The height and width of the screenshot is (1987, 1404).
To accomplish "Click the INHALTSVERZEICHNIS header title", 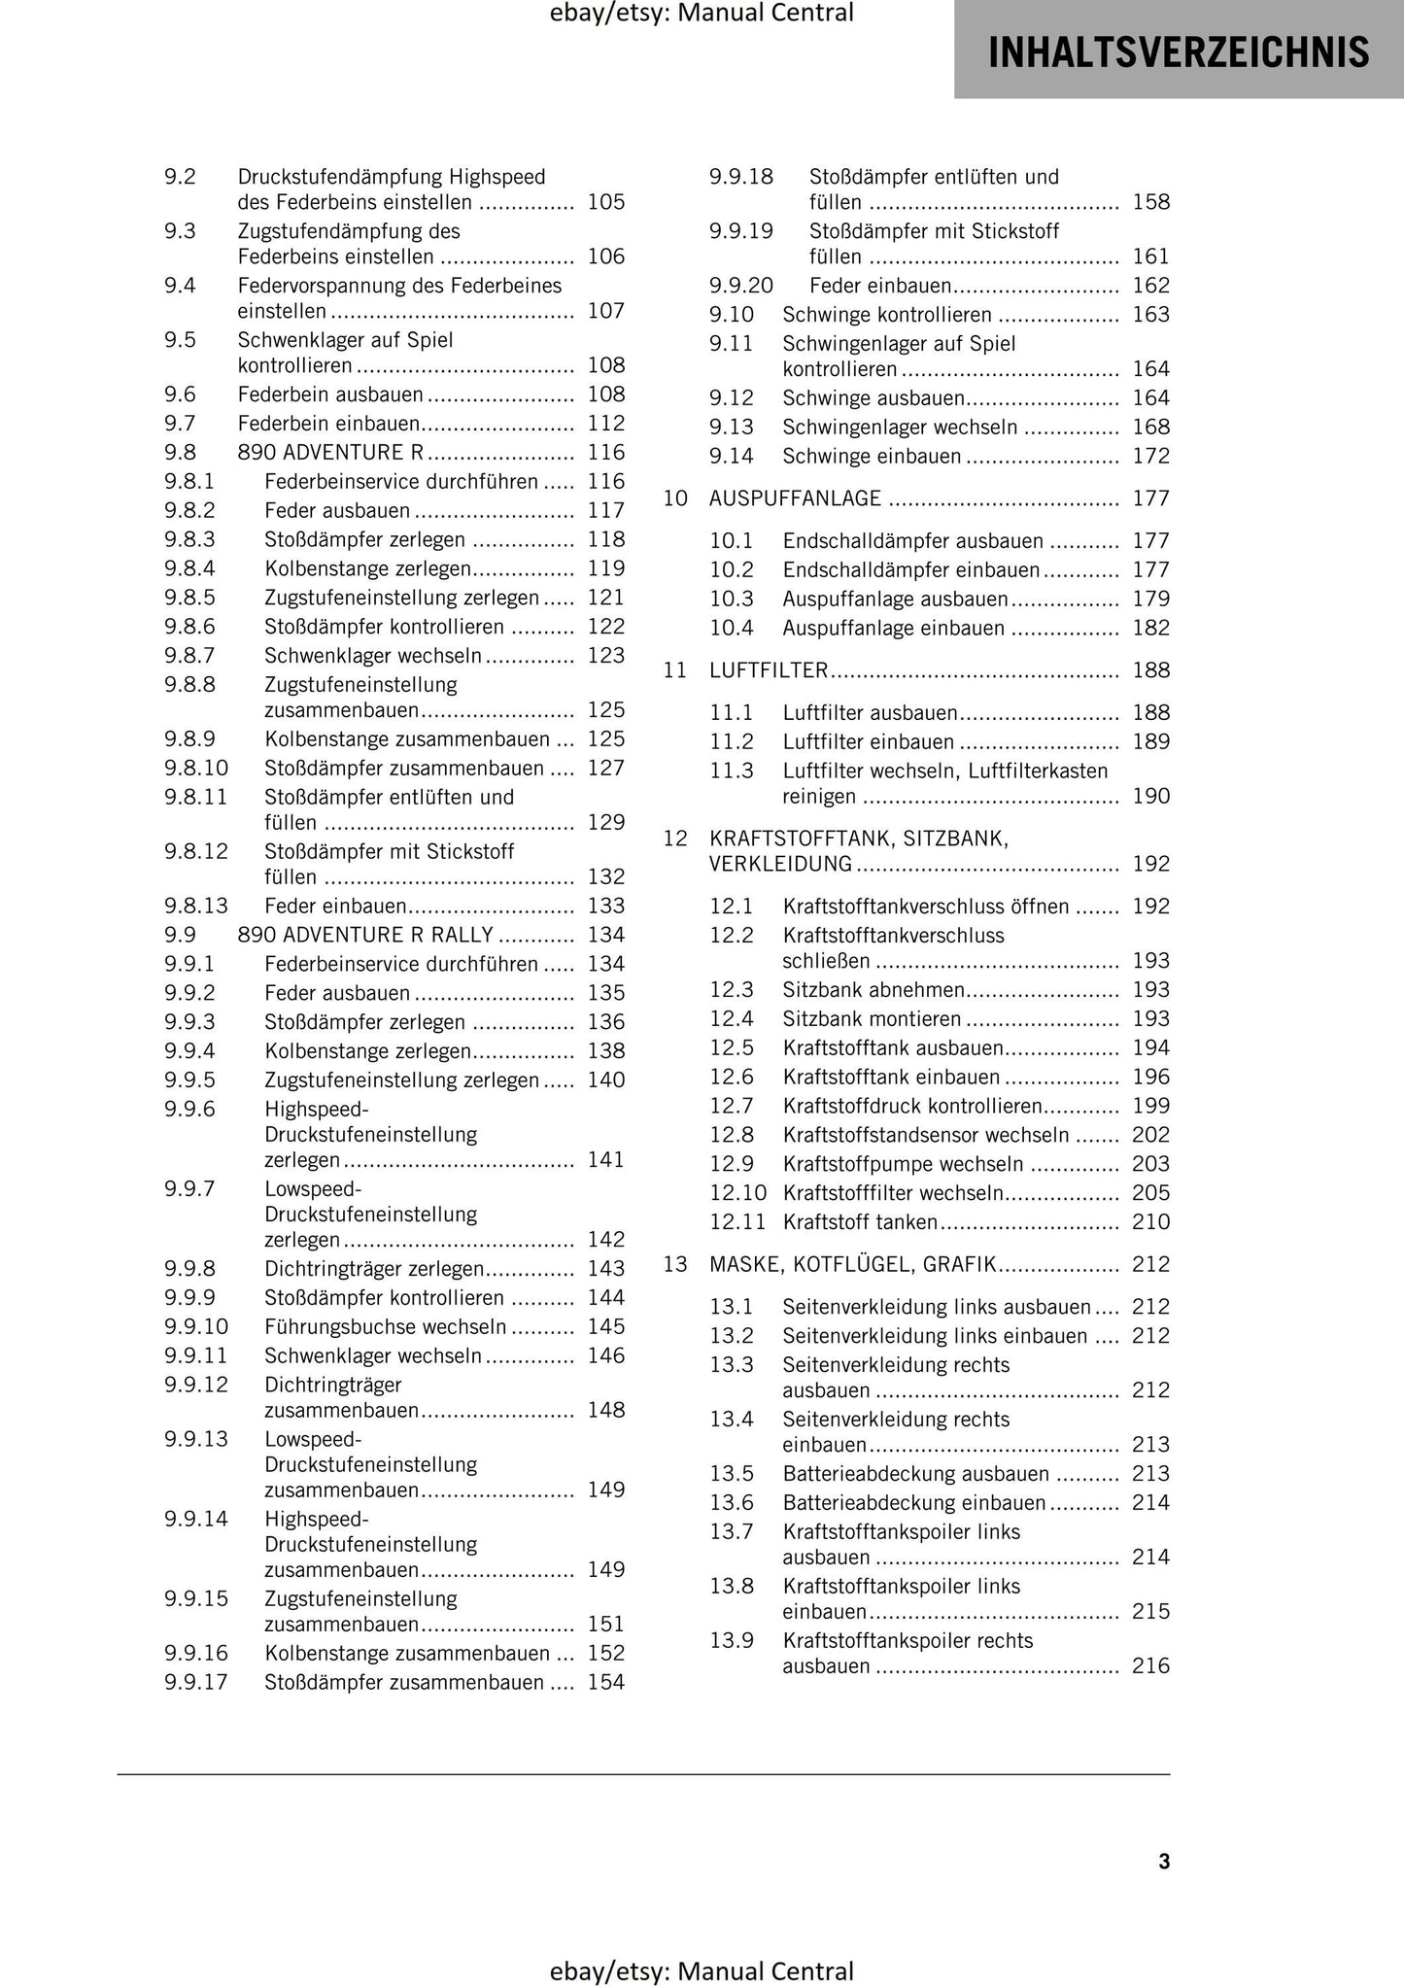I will coord(1178,52).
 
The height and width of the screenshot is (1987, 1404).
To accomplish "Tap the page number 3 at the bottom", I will coord(1164,1861).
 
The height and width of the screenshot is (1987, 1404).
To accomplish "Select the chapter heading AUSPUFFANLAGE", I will coord(795,498).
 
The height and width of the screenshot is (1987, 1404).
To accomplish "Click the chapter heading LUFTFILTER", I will coord(769,670).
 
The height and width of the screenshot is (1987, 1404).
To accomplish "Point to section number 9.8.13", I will coord(196,907).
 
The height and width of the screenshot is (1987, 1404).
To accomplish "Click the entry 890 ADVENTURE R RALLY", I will coord(365,936).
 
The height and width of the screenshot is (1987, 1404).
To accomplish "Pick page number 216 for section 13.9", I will coord(1151,1666).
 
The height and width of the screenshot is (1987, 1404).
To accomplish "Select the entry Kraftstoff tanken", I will coord(860,1222).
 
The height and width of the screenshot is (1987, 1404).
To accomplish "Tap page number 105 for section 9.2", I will coord(606,203).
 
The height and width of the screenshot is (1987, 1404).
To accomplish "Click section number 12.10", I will coord(737,1193).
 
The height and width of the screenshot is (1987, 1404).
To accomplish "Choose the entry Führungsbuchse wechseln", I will coord(385,1327).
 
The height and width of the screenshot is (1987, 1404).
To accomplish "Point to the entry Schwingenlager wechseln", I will coord(900,428).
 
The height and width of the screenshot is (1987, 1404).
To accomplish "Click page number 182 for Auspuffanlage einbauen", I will coord(1151,629).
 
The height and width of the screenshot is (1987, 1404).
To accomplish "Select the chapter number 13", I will coord(675,1265).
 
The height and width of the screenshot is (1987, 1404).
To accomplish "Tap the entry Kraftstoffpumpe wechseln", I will coord(903,1164).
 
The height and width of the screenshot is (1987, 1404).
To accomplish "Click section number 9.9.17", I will coord(196,1683).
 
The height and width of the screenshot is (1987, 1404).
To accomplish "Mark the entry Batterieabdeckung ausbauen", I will coord(915,1474).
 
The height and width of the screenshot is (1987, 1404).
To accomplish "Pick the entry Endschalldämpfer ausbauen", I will coord(912,541).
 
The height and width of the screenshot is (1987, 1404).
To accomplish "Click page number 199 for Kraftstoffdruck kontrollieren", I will coord(1151,1106).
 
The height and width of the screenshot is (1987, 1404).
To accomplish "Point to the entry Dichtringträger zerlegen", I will coord(373,1269).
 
